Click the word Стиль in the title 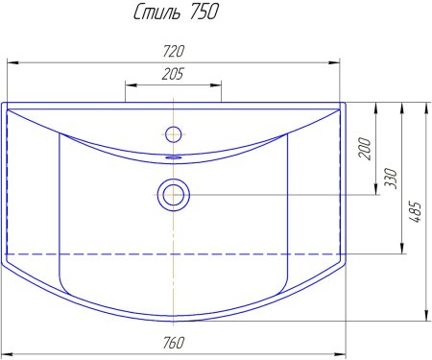[157, 12]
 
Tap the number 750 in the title [204, 12]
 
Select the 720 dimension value [174, 51]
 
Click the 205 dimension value [173, 74]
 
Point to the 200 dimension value [365, 149]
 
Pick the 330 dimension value [391, 178]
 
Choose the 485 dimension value [415, 211]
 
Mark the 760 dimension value [174, 343]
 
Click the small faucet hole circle [174, 134]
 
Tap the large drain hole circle [174, 195]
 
